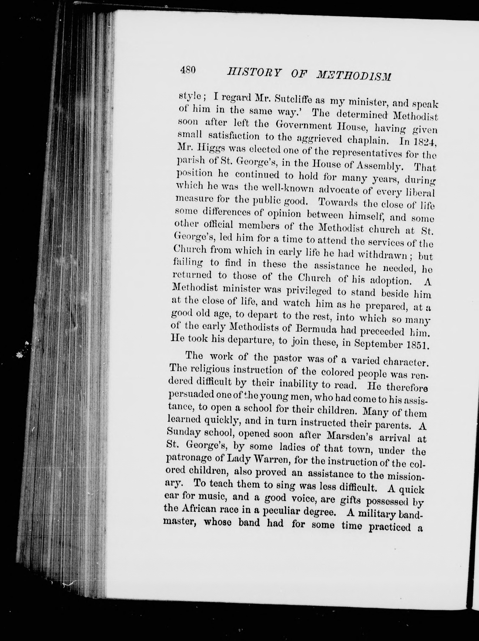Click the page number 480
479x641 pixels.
pos(188,70)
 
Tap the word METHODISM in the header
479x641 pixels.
pos(354,76)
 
